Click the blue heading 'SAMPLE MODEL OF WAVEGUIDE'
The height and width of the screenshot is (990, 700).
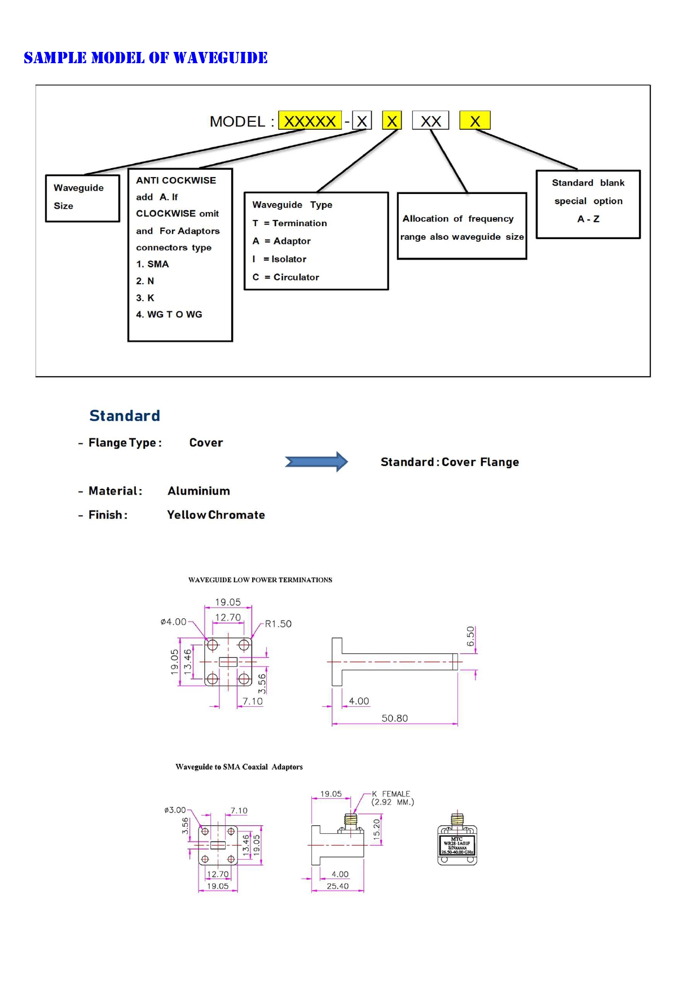(x=146, y=58)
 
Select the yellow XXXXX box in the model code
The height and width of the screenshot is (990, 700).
(x=310, y=121)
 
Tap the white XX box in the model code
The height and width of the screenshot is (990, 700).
(x=430, y=121)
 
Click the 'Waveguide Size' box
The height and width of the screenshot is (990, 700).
(x=82, y=197)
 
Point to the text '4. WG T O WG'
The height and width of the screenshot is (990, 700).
(x=169, y=314)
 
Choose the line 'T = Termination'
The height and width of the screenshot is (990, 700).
(x=289, y=223)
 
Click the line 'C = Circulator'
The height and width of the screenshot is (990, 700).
(x=285, y=277)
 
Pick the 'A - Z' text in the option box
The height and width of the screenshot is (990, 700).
(x=588, y=219)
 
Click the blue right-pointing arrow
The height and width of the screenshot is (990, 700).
(x=316, y=461)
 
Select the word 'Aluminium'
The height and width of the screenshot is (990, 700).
(x=199, y=491)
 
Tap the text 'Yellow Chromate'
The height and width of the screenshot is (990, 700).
(x=215, y=514)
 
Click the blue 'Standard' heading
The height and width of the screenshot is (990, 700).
(x=125, y=416)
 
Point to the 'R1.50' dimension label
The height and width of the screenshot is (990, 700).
(x=278, y=623)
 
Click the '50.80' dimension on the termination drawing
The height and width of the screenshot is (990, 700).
(x=394, y=718)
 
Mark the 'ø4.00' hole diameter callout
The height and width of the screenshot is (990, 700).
(x=173, y=622)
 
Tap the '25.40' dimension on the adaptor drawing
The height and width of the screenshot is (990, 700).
(x=337, y=886)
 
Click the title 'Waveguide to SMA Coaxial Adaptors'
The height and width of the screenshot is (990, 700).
(x=239, y=767)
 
